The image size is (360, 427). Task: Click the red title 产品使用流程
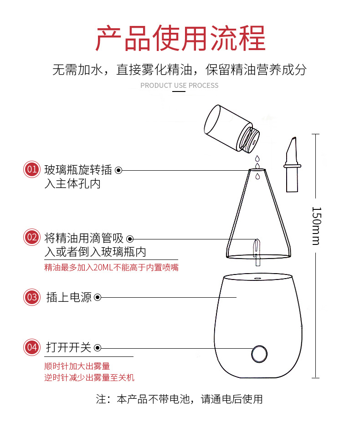coord(180,38)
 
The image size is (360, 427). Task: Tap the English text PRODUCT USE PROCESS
coord(179,86)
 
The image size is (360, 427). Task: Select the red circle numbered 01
coord(32,170)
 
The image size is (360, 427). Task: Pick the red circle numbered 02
coord(32,237)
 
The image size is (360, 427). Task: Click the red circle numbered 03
coord(32,297)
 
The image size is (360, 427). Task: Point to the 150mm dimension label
coord(316,225)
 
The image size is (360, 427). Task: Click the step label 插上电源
coord(69,297)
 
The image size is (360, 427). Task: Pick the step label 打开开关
coord(69,348)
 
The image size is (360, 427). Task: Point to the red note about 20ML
coord(111,268)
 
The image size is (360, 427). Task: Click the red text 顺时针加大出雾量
coord(77,366)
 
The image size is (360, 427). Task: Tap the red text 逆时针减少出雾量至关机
coord(89,377)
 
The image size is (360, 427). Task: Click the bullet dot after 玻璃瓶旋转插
coord(118,170)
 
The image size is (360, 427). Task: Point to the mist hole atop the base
coord(257,276)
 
